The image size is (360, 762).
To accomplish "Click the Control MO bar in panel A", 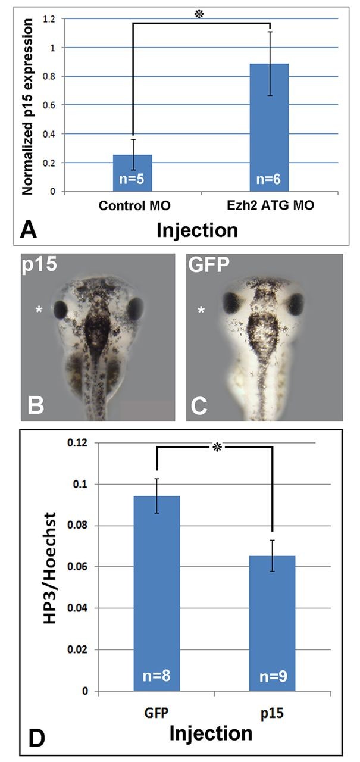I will [x=132, y=173].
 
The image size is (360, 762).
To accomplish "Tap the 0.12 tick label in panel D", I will [x=77, y=444].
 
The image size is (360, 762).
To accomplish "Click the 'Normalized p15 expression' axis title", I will [x=27, y=106].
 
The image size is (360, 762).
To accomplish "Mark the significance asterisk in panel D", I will [x=215, y=446].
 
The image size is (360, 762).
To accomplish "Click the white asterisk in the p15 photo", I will [x=39, y=309].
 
